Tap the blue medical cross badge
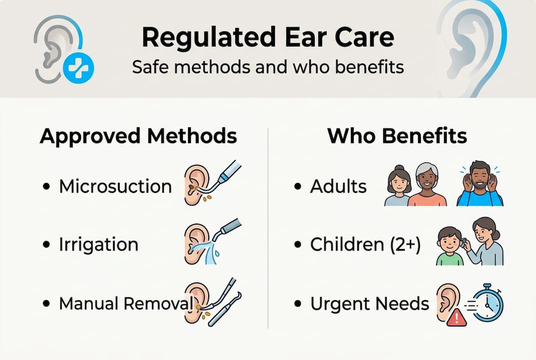click(x=78, y=68)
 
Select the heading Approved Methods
click(x=138, y=136)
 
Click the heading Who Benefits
click(x=397, y=136)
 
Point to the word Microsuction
click(x=115, y=186)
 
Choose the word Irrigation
click(x=98, y=245)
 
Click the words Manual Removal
click(x=125, y=303)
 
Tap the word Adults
click(x=338, y=186)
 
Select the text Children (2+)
click(x=365, y=245)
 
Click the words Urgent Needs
click(x=370, y=303)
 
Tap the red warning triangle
click(x=456, y=318)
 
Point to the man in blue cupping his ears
click(x=480, y=185)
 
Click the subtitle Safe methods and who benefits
click(x=268, y=66)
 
